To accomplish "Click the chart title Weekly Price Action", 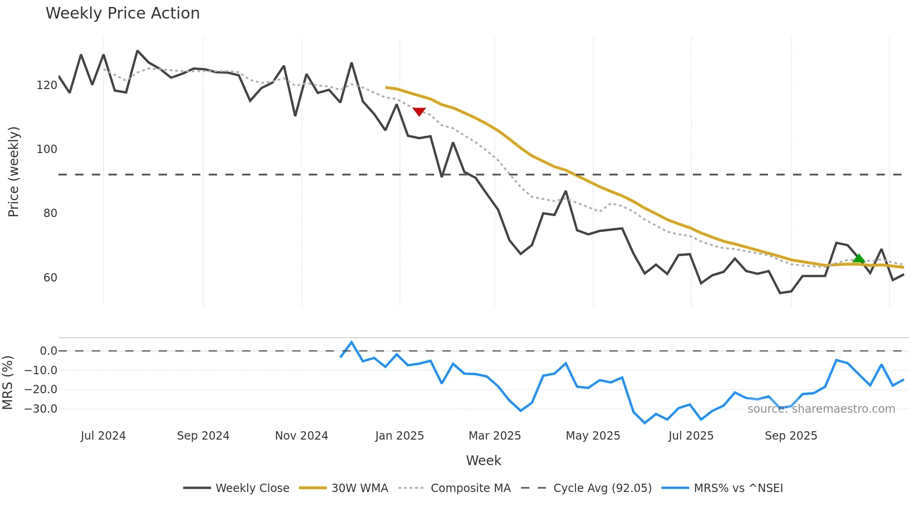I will [122, 13].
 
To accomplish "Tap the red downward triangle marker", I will [419, 111].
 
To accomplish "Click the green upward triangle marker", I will [858, 259].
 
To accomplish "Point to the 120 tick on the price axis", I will [46, 85].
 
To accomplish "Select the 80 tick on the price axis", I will [50, 213].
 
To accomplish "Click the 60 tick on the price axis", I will [50, 278].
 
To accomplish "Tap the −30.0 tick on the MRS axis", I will [41, 409].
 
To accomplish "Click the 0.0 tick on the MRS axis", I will [48, 351].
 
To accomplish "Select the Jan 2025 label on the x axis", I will [399, 436].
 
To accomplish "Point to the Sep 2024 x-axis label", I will [203, 436].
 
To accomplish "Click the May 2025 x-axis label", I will [593, 436].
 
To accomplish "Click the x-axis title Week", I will [483, 460].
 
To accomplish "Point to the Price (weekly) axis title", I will [13, 172].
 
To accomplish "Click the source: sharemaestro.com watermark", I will [821, 409].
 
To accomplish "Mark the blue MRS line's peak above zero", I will [352, 342].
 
